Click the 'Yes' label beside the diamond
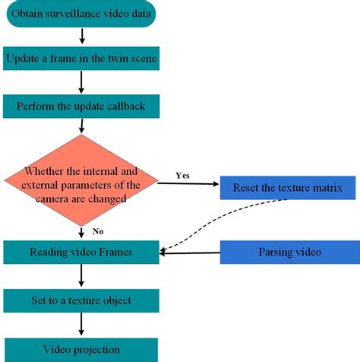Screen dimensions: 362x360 click(183, 174)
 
